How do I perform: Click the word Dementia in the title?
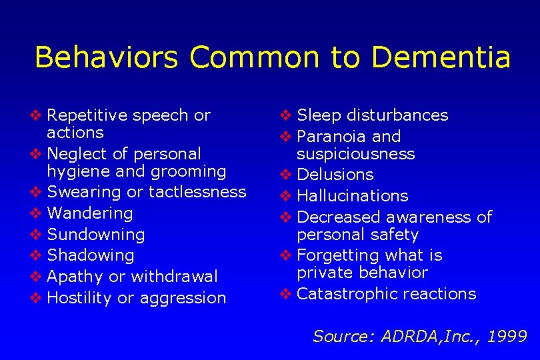pos(441,57)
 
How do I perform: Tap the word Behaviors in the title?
pos(106,57)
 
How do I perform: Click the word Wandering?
pos(90,213)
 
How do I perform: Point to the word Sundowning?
pos(96,235)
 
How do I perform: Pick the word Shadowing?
pos(91,255)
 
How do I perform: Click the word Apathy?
pos(75,277)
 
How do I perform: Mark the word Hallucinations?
pos(353,196)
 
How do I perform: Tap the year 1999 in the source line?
pos(507,337)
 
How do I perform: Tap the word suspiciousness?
pos(356,154)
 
